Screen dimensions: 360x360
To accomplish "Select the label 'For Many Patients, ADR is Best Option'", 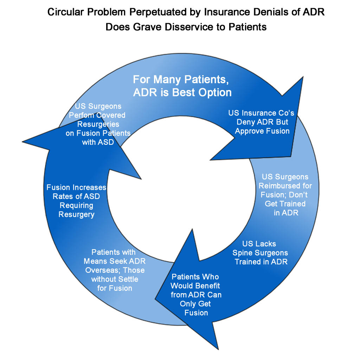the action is click(x=182, y=86).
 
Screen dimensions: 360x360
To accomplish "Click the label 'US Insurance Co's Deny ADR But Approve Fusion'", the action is click(x=262, y=122).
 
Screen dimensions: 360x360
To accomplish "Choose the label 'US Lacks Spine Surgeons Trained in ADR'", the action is click(x=261, y=252).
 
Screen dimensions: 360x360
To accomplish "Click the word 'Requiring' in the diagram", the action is click(x=76, y=205).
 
